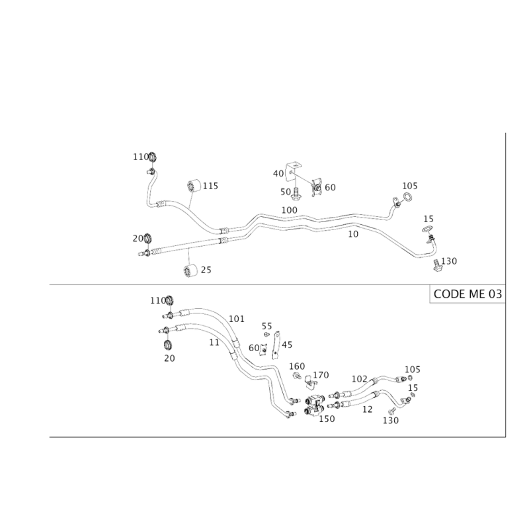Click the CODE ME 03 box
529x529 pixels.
(x=467, y=295)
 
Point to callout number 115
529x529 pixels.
(x=212, y=186)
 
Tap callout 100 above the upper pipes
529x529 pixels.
(x=289, y=210)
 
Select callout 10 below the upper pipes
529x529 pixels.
(x=354, y=233)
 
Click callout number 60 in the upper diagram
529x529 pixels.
(x=330, y=188)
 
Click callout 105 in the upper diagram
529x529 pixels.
(x=410, y=186)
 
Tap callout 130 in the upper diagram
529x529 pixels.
(x=450, y=261)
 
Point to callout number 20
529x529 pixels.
(x=169, y=357)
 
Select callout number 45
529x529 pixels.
(x=287, y=345)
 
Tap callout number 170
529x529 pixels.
(x=322, y=376)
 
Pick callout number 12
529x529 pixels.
(x=368, y=409)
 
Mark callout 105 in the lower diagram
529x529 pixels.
(x=413, y=369)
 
